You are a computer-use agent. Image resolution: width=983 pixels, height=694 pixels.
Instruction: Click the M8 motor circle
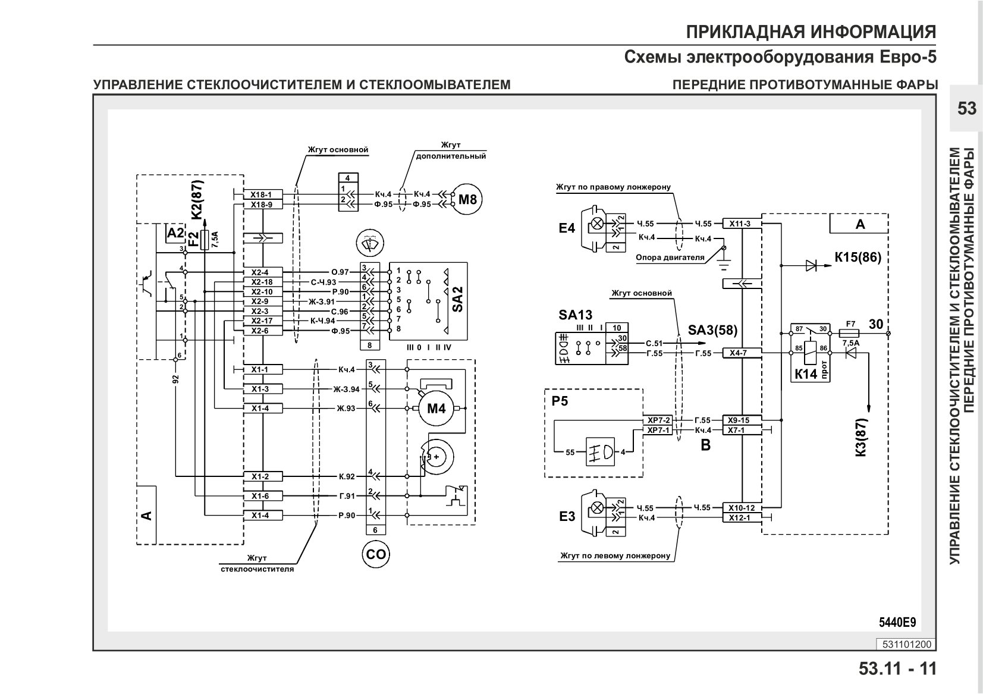(467, 199)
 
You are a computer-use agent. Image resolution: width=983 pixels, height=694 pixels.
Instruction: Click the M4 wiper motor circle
(436, 409)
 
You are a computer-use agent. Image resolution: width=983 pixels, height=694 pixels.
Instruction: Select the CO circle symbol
(376, 554)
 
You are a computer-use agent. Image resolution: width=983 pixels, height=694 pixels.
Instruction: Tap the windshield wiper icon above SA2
(370, 242)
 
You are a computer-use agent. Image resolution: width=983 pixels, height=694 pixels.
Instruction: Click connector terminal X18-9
(262, 205)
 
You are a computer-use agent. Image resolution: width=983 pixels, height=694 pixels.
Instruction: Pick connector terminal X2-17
(262, 321)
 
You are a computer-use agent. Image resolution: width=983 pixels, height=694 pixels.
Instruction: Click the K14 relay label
(806, 374)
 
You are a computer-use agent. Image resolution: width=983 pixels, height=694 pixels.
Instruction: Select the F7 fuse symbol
(851, 334)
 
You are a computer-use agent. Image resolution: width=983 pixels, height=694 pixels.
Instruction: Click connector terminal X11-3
(740, 224)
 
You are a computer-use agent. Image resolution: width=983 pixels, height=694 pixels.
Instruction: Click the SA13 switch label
(575, 315)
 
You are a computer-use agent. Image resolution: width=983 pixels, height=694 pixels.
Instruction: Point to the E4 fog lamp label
(567, 228)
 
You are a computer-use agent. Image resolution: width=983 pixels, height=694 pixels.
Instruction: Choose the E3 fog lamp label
(567, 517)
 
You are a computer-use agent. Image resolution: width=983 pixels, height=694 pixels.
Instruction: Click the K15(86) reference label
(858, 257)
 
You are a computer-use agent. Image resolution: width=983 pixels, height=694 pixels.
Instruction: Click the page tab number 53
(967, 108)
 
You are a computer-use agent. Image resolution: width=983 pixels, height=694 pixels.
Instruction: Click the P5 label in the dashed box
(560, 401)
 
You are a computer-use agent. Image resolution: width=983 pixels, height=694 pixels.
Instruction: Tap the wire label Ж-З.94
(346, 389)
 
